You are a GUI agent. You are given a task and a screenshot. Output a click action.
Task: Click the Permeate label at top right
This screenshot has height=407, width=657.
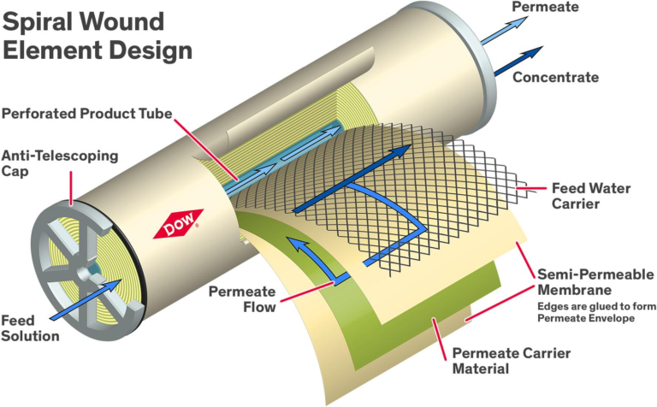[x=545, y=8]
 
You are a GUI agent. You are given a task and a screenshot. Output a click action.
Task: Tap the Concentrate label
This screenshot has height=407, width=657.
[x=556, y=77]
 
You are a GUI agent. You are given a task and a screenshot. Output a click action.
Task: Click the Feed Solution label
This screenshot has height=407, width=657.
[x=30, y=327]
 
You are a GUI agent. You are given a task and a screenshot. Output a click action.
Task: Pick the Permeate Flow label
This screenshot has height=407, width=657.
[x=242, y=299]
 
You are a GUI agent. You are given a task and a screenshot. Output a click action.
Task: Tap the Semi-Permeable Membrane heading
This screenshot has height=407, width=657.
[x=595, y=283]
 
